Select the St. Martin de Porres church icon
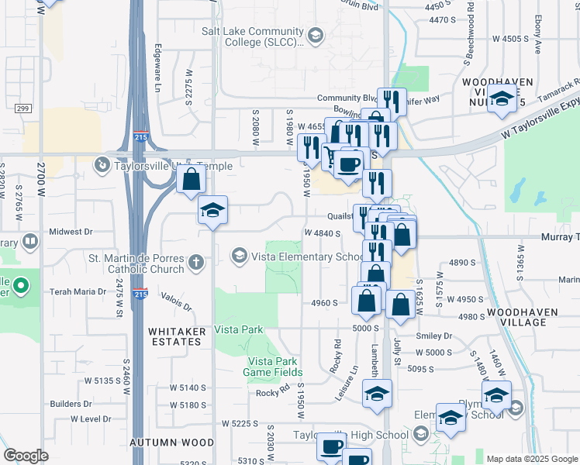(x=198, y=263)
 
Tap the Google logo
(x=26, y=456)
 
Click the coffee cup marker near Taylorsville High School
(x=331, y=447)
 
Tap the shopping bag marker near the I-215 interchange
(x=191, y=181)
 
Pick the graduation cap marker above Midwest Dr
(x=212, y=210)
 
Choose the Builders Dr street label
(x=71, y=404)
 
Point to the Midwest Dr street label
(x=71, y=231)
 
